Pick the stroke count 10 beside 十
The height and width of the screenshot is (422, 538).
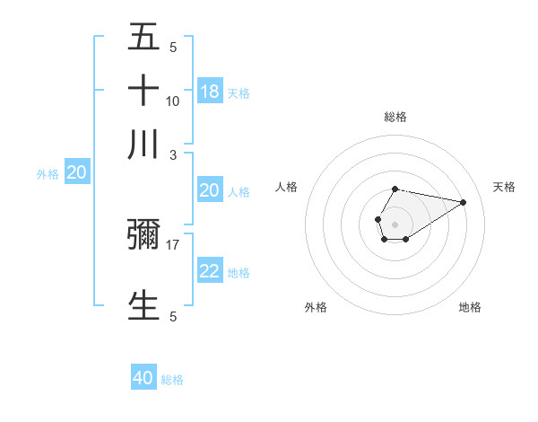[x=173, y=101]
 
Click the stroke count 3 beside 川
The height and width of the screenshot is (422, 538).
[x=173, y=155]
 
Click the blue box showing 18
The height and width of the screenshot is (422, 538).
[x=210, y=92]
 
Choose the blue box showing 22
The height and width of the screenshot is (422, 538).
[x=210, y=271]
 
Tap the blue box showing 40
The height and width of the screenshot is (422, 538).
[x=143, y=378]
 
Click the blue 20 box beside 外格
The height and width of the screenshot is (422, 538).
[x=76, y=173]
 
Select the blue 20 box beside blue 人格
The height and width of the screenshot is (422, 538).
[x=210, y=190]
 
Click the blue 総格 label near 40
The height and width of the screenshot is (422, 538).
[x=172, y=380]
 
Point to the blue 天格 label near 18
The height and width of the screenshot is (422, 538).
[x=239, y=92]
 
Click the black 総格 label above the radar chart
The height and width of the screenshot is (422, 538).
[x=395, y=117]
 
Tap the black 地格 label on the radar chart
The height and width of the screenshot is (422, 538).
[x=470, y=307]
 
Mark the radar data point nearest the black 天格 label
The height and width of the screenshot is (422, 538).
[x=464, y=202]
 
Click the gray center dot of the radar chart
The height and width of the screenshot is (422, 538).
[x=395, y=223]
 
